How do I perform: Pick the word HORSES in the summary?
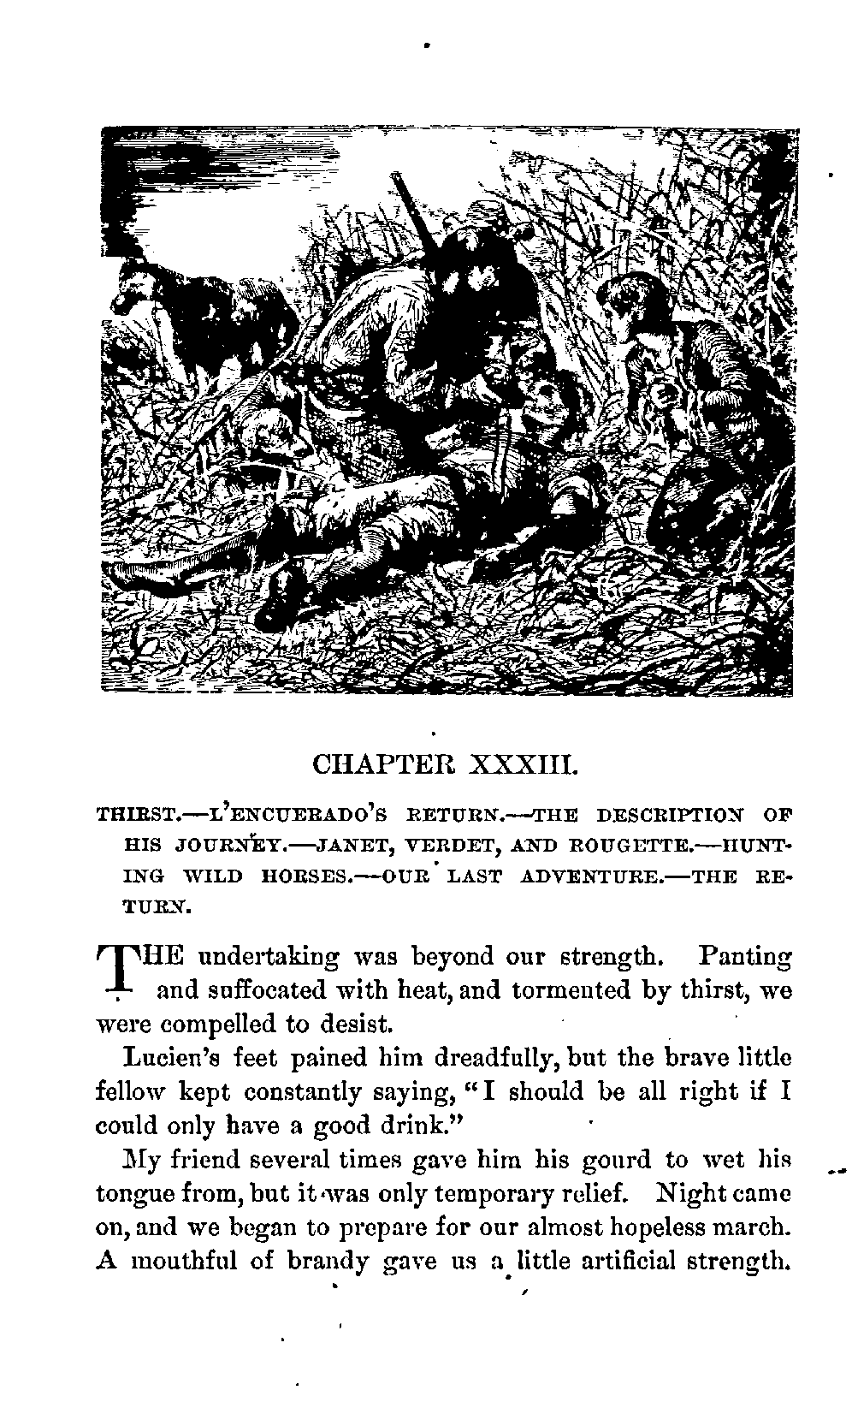pyautogui.click(x=287, y=876)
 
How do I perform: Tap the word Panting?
pyautogui.click(x=744, y=957)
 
